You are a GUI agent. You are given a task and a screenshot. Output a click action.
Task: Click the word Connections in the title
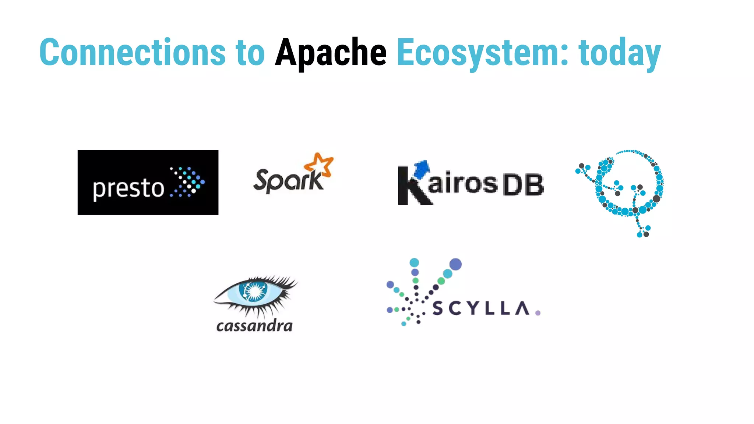click(132, 53)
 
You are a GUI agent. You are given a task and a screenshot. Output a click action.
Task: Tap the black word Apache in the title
click(331, 53)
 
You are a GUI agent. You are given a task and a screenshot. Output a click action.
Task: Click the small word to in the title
click(250, 53)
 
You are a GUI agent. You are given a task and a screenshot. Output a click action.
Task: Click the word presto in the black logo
click(128, 188)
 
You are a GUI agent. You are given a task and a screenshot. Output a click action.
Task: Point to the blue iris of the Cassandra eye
click(253, 291)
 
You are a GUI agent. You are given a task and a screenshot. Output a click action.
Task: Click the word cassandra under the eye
click(254, 326)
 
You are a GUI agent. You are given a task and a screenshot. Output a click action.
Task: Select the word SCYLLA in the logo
click(481, 308)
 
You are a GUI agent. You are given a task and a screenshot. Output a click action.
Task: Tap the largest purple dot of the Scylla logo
click(455, 264)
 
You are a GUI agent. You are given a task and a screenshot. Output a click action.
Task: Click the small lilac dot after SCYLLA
click(538, 313)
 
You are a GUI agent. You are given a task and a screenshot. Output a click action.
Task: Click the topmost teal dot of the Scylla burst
click(414, 262)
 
